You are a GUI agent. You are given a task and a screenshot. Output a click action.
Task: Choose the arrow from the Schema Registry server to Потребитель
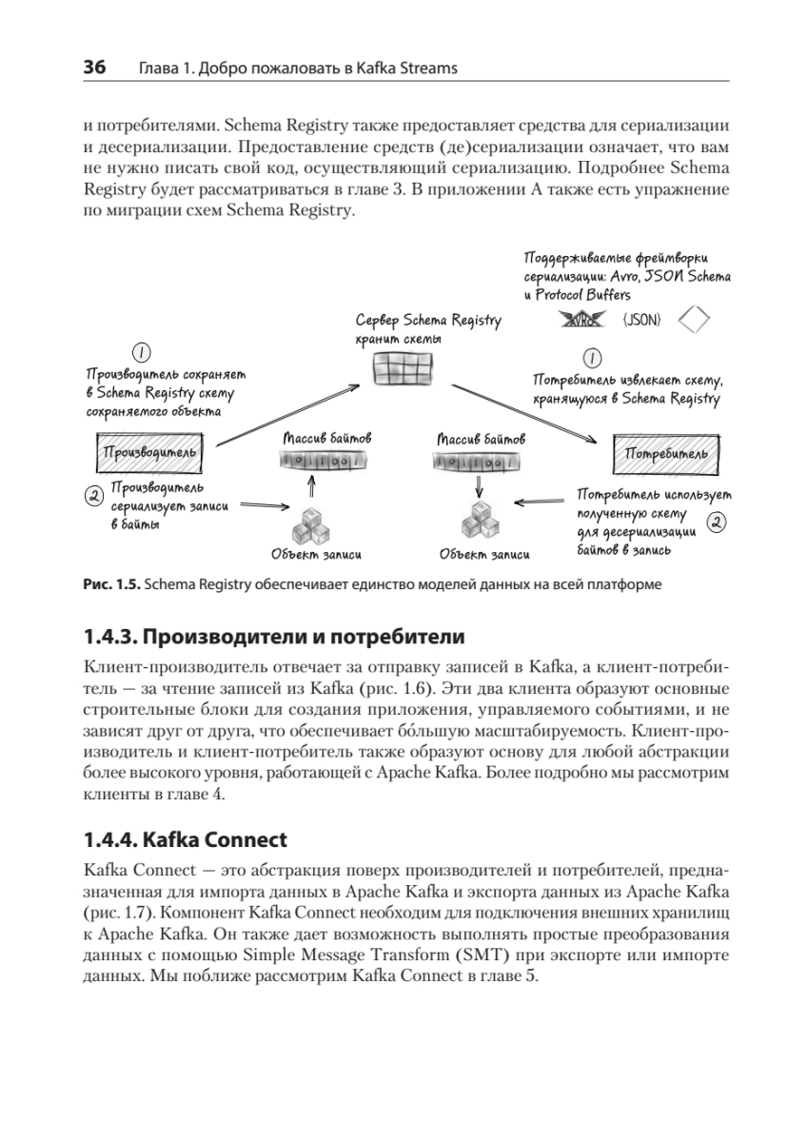tap(523, 414)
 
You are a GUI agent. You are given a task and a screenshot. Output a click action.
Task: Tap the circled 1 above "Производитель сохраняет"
tap(141, 353)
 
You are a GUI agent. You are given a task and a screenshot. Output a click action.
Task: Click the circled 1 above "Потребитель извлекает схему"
tap(593, 359)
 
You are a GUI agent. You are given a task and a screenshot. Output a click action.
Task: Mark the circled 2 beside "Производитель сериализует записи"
tap(94, 496)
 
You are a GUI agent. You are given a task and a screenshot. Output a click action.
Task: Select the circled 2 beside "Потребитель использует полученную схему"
tap(717, 522)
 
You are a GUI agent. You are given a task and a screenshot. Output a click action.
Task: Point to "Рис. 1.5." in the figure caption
tap(111, 584)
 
